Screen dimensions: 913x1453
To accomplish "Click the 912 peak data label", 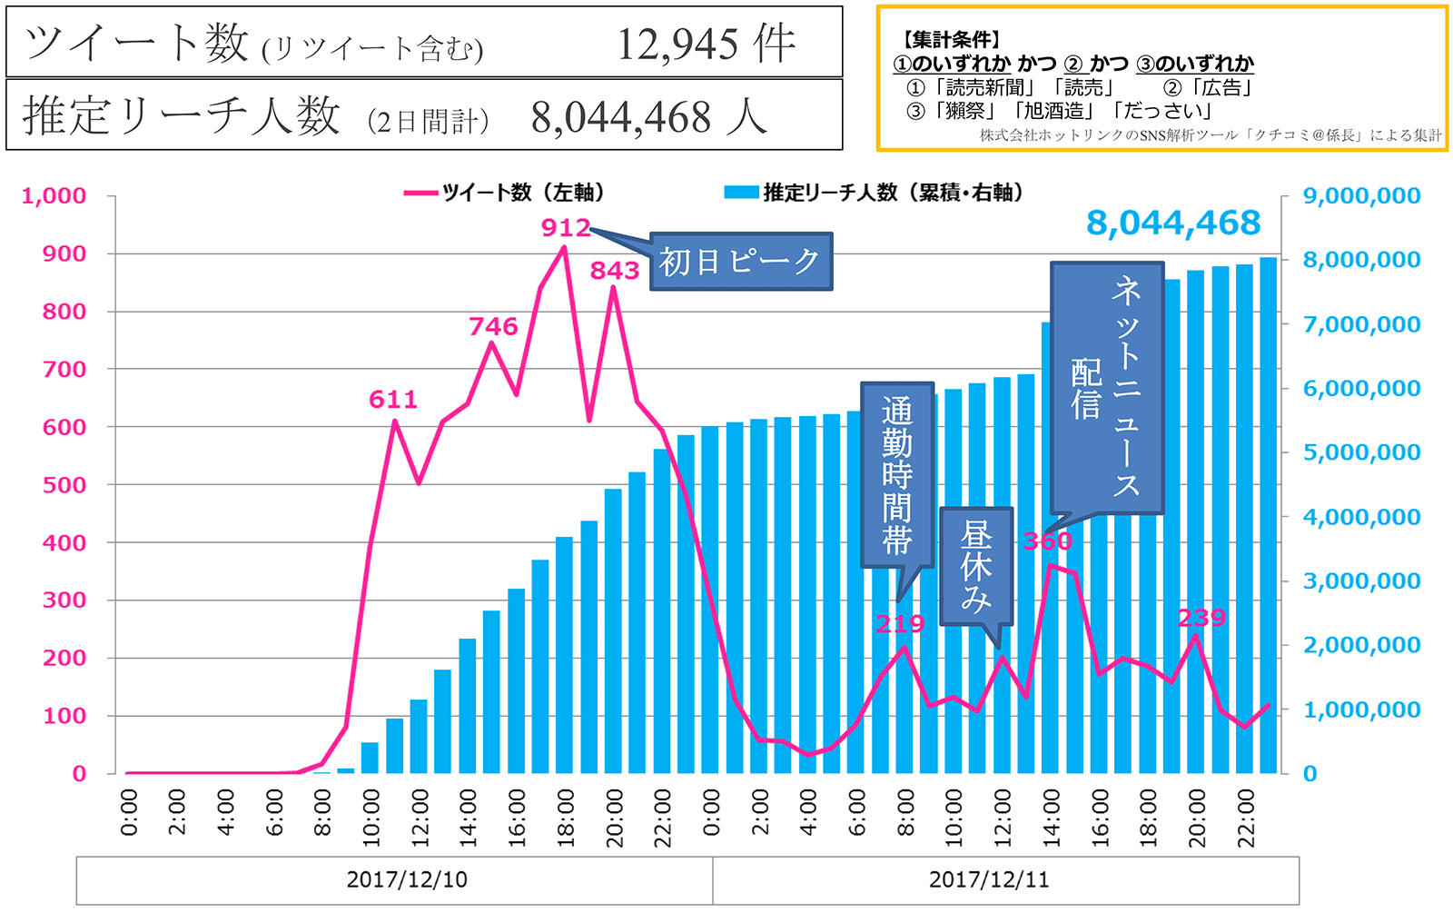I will pos(566,227).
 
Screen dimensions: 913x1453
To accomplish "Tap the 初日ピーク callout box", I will pos(740,262).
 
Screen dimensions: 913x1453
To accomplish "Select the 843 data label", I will pos(615,271).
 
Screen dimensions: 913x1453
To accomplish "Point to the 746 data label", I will pos(493,327).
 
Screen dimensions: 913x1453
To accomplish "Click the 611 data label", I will pos(393,400).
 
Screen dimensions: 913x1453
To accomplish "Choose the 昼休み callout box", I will pos(976,566).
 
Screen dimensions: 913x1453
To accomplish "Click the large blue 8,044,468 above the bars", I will pos(1173,223).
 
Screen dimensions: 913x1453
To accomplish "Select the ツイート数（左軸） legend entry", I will pos(505,193).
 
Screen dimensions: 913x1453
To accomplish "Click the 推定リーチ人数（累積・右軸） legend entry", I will pos(875,193).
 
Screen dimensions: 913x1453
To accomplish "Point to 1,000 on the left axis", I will pos(54,196).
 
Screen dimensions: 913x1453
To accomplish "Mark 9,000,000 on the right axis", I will pos(1361,196).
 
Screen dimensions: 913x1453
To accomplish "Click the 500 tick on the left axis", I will pos(64,485).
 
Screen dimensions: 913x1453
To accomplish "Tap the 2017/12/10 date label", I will pos(407,879).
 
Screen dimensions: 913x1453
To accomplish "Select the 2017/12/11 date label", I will pos(989,879).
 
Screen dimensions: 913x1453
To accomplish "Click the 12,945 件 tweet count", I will pos(707,44).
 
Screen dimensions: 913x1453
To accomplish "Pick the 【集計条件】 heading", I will pos(950,40).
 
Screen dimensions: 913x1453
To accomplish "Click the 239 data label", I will pos(1201,619).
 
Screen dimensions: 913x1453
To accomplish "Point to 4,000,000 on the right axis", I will pos(1361,517).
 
